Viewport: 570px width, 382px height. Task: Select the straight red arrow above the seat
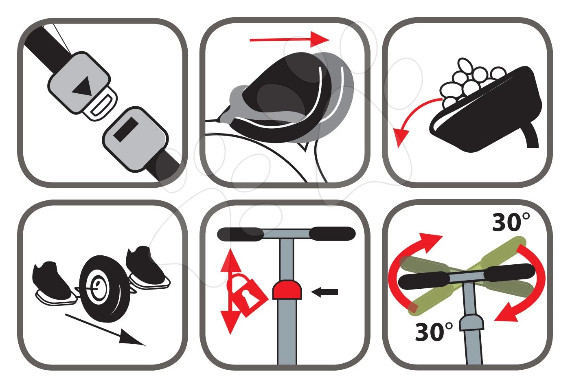289,40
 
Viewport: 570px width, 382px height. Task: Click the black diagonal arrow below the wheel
105,330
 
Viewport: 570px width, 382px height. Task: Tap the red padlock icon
247,295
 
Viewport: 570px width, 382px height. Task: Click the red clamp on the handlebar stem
287,290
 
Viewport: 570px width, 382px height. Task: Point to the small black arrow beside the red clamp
325,292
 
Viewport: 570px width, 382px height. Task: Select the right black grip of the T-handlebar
332,234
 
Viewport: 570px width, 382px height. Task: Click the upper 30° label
511,222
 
